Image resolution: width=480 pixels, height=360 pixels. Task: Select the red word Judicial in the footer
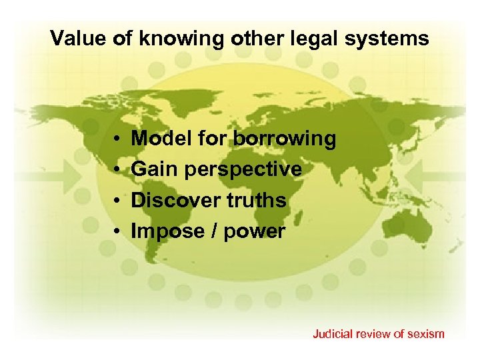(x=333, y=333)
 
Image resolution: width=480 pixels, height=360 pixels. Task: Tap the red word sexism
(x=425, y=333)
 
